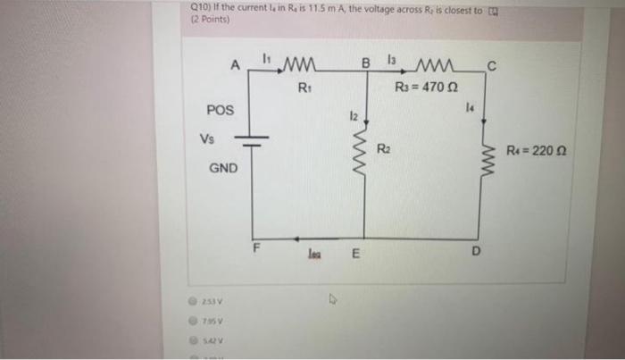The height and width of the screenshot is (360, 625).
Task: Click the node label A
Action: pos(235,64)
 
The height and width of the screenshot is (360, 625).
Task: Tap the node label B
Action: pos(364,63)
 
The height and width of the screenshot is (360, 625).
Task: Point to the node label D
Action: pos(475,253)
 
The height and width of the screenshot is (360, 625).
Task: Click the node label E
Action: pos(354,253)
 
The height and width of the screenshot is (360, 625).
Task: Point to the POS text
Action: pos(219,110)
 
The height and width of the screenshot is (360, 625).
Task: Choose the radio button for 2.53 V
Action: pos(190,301)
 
